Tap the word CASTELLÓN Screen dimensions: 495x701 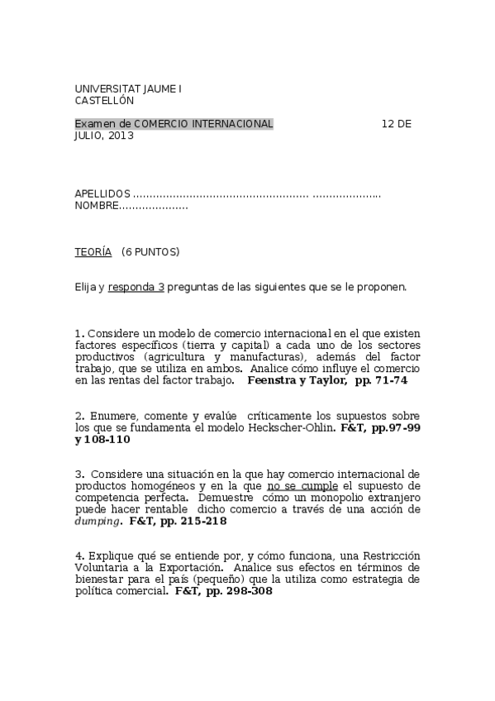click(x=104, y=100)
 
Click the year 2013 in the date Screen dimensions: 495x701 click(x=120, y=136)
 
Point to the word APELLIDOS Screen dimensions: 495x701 click(x=102, y=193)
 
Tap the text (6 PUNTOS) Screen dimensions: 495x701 click(x=150, y=252)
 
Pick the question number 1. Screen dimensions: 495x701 click(x=78, y=333)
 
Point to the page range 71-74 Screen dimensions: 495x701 click(x=391, y=381)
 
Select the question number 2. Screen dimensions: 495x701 click(x=78, y=415)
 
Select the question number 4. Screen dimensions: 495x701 click(x=78, y=556)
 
